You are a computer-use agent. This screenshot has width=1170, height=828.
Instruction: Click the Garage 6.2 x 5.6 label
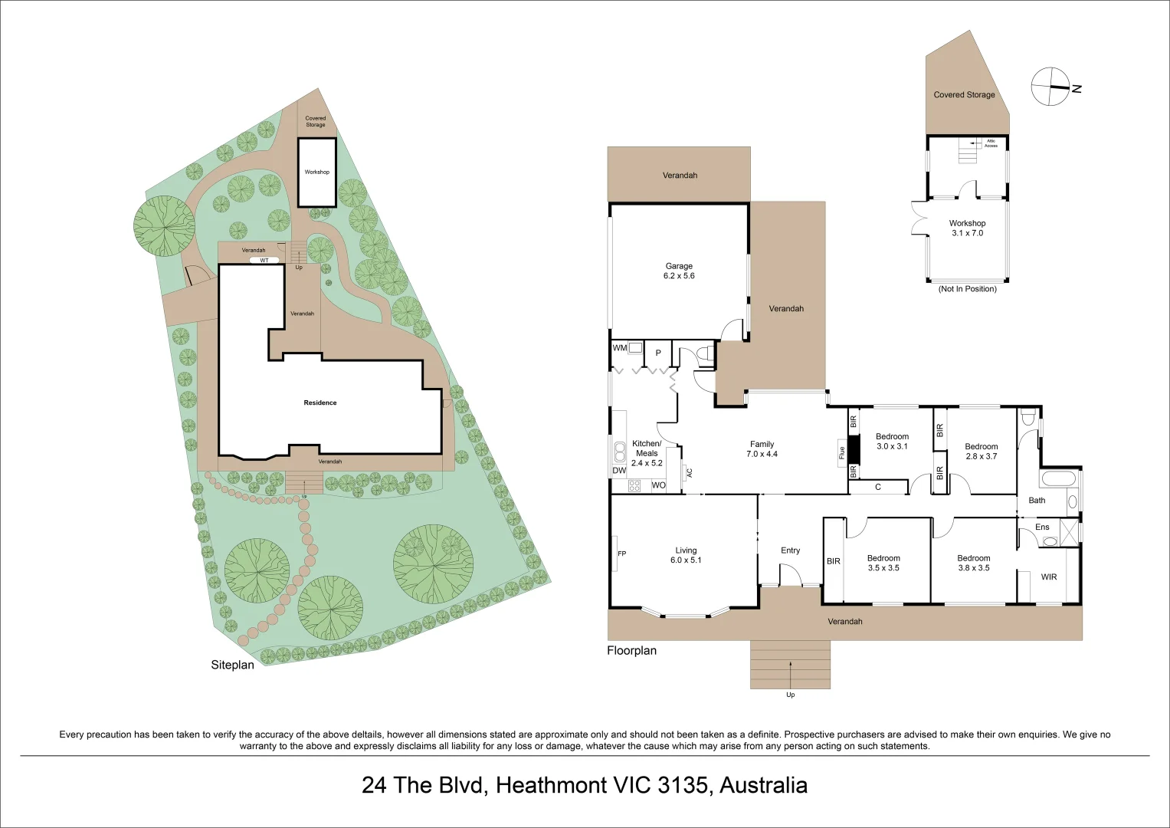679,271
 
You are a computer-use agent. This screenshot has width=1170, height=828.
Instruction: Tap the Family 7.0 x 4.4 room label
762,449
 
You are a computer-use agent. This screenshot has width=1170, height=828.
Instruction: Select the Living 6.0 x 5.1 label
686,555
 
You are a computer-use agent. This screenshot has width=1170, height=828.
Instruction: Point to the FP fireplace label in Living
621,554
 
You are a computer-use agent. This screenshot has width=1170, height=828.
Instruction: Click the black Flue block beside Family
853,449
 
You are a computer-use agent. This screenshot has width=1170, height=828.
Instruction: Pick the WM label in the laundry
619,347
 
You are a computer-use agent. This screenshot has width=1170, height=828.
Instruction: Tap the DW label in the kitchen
619,471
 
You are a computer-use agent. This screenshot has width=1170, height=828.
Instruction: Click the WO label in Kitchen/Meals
659,485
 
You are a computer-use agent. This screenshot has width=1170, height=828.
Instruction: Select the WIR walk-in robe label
1049,577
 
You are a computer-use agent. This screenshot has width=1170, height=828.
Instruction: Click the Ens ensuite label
1042,527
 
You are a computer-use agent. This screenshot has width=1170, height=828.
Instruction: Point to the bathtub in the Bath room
1058,479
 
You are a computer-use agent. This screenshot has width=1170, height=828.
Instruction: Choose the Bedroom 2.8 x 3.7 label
981,451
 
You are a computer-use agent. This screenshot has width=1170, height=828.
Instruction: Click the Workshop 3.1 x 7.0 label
968,228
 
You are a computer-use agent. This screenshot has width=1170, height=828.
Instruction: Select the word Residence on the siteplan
320,402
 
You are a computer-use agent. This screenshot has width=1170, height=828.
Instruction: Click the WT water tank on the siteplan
264,260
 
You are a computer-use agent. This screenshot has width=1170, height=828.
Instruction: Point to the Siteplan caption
232,665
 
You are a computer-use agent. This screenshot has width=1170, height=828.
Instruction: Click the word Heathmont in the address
548,786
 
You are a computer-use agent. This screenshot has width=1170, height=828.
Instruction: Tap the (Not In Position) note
968,288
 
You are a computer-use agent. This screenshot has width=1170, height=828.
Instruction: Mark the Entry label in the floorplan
790,550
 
